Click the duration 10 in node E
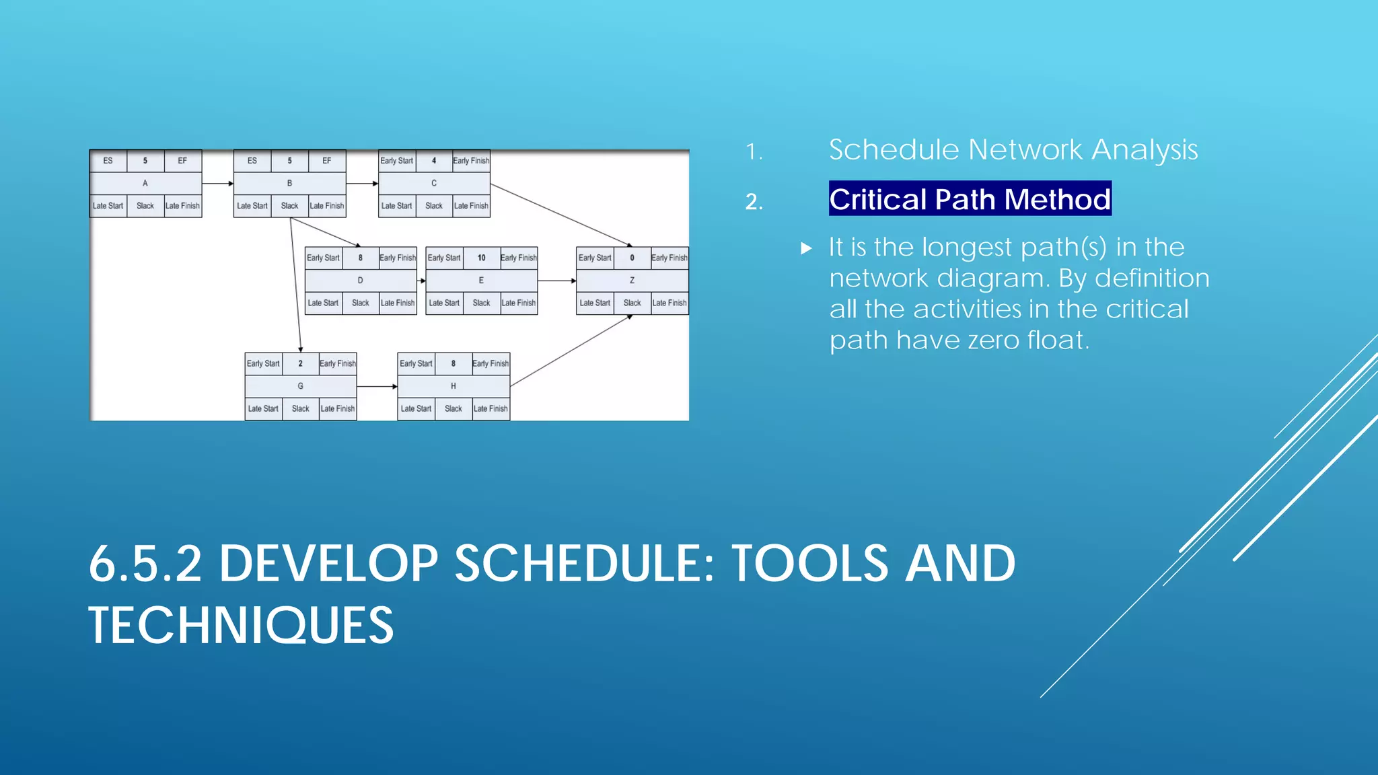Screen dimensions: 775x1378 [x=481, y=258]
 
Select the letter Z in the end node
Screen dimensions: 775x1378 [x=632, y=281]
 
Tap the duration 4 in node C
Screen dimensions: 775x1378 [x=434, y=161]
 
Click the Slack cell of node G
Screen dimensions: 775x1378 [x=301, y=408]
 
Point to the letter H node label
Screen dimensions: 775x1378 [x=454, y=386]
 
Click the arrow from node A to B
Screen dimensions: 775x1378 [x=217, y=183]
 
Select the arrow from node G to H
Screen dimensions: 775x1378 [x=377, y=387]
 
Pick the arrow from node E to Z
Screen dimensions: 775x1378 [x=556, y=281]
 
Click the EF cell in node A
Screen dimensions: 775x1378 [x=182, y=161]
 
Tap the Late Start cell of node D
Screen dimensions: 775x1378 [x=323, y=303]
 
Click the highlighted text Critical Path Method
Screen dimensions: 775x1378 [x=970, y=199]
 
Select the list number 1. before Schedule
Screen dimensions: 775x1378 [x=754, y=152]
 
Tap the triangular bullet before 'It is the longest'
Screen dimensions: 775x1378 [x=807, y=248]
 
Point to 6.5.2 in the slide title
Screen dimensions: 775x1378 [x=145, y=564]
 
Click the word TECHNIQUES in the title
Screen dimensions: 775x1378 [x=241, y=626]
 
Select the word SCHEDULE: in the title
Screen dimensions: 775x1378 [x=584, y=564]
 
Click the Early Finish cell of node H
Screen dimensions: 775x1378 [x=491, y=363]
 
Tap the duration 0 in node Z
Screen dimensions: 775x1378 [x=632, y=258]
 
